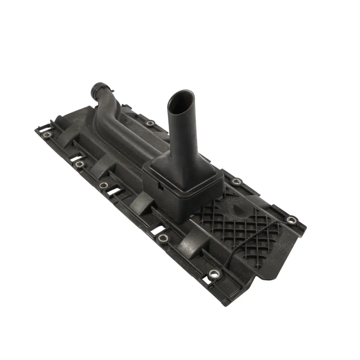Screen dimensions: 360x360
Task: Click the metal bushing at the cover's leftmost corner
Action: pyautogui.click(x=48, y=135)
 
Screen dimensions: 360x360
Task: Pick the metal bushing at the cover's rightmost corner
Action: pyautogui.click(x=291, y=220)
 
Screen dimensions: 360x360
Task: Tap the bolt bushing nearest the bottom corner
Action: pyautogui.click(x=214, y=274)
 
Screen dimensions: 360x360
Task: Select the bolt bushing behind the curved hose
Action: pyautogui.click(x=150, y=123)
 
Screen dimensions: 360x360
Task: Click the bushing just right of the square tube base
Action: pyautogui.click(x=237, y=181)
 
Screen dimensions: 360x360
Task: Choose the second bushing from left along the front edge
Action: pyautogui.click(x=79, y=164)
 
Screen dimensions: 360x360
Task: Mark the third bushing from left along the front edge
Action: pyautogui.click(x=104, y=185)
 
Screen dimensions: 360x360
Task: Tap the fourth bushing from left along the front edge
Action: pyautogui.click(x=163, y=237)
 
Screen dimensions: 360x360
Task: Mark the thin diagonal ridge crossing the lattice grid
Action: pyautogui.click(x=253, y=240)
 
